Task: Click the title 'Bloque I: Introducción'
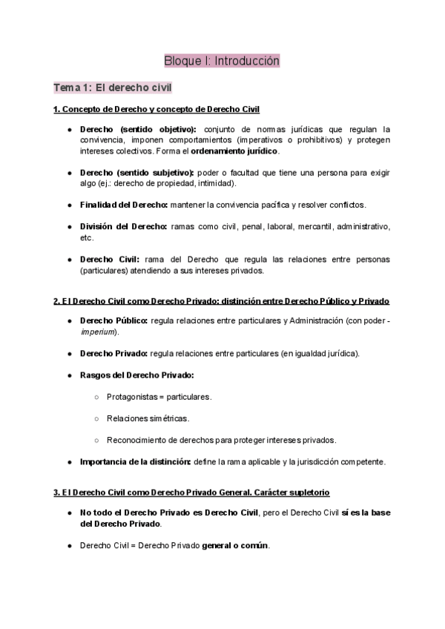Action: pos(222,61)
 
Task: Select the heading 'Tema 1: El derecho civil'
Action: pos(113,88)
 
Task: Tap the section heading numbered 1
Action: pos(156,110)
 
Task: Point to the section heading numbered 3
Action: pos(192,492)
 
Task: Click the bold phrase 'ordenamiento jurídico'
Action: pos(235,151)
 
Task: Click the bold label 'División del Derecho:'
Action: pos(123,225)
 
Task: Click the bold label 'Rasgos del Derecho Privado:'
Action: pos(136,375)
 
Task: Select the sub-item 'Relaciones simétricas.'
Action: pos(148,418)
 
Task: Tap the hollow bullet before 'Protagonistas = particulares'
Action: pos(96,397)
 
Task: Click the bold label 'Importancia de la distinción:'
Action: pos(135,461)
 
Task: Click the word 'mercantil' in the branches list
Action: pos(311,225)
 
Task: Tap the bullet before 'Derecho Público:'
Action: pos(69,321)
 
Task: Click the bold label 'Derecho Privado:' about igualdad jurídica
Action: pos(113,354)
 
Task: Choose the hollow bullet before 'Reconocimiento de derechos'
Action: pos(96,440)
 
